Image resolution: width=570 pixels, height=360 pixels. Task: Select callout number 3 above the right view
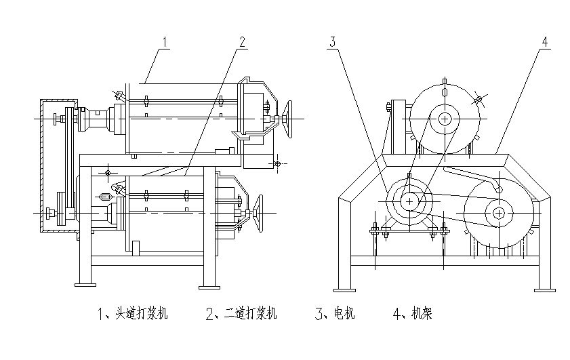tap(332, 41)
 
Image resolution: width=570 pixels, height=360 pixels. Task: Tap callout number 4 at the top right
tap(544, 40)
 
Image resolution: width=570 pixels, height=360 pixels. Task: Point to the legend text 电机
tap(344, 314)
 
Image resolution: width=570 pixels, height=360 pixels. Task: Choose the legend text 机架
tap(421, 314)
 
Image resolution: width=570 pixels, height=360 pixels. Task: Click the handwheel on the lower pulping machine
tap(259, 212)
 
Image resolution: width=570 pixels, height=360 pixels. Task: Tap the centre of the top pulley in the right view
tap(445, 119)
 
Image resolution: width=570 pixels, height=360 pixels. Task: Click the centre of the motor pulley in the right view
tap(409, 201)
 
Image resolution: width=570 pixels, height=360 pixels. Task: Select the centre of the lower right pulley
tap(499, 213)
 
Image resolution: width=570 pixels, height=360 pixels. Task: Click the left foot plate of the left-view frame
tap(85, 284)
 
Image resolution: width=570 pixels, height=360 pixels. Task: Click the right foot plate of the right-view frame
tap(544, 289)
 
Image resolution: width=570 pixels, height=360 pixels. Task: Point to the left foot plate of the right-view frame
tap(345, 289)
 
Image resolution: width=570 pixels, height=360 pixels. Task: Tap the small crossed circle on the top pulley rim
tap(479, 99)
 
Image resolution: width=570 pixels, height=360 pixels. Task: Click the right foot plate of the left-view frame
tap(210, 284)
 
